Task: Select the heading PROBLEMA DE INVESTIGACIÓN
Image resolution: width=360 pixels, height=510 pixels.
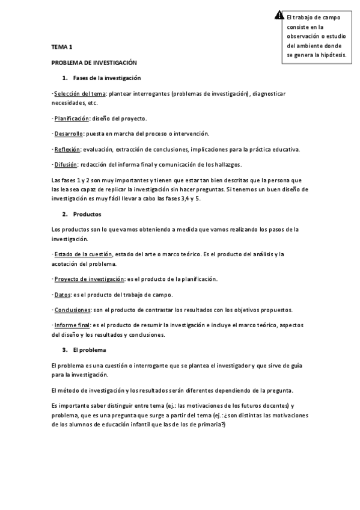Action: [x=94, y=62]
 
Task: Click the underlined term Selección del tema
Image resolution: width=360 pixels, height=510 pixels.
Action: [x=80, y=94]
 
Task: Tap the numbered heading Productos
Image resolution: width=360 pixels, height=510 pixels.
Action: [x=87, y=214]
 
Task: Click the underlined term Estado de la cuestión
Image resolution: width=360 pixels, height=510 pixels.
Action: [x=83, y=254]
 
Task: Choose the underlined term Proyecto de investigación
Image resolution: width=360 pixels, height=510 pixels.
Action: [x=89, y=278]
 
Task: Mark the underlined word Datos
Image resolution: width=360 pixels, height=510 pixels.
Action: [x=62, y=294]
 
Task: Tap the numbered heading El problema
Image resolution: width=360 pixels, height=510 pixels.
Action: [x=89, y=350]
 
